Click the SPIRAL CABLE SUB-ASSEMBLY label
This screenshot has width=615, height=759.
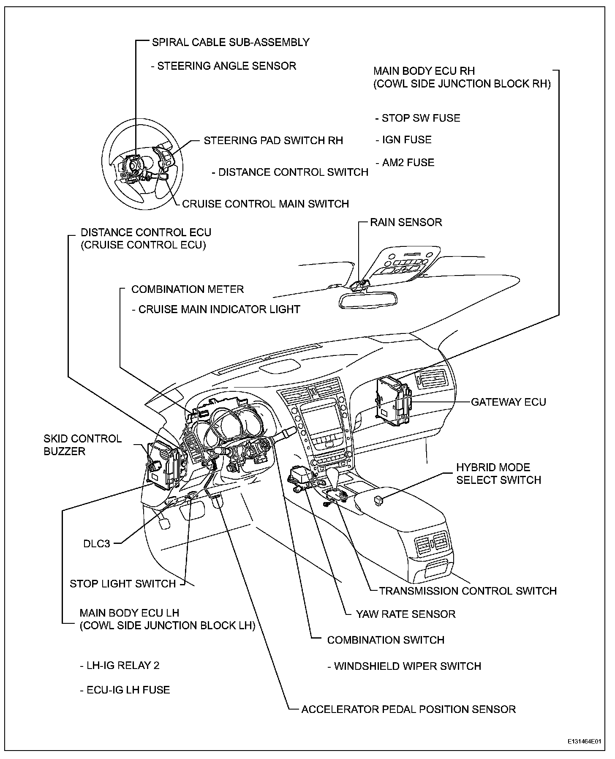click(x=231, y=42)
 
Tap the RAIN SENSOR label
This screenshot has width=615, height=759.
click(x=406, y=222)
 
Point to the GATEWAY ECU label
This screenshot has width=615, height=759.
click(x=509, y=402)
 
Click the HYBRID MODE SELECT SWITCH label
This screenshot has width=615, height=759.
click(x=498, y=474)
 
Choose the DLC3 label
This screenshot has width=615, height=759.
click(x=97, y=543)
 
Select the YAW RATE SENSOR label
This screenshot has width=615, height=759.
click(x=406, y=614)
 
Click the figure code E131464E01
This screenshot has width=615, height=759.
click(x=585, y=742)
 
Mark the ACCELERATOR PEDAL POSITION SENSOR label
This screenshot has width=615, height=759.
click(x=408, y=709)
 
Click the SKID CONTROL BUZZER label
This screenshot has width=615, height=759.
click(x=83, y=445)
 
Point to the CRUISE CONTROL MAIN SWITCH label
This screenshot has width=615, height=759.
click(x=265, y=204)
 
